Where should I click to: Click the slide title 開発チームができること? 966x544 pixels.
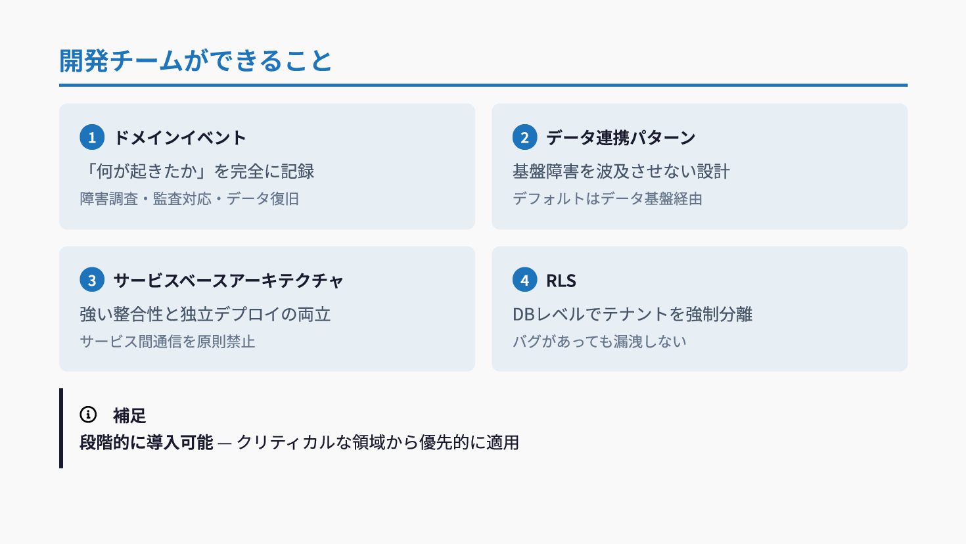(196, 61)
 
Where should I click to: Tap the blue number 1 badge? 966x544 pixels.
(92, 137)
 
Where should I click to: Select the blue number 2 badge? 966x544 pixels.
(524, 137)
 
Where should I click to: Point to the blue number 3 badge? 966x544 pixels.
(92, 280)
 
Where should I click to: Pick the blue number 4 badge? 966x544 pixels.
(524, 280)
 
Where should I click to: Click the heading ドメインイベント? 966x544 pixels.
(180, 137)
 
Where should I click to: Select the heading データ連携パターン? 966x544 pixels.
(620, 137)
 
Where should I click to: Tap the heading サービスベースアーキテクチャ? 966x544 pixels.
(228, 281)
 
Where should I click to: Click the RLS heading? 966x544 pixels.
(561, 281)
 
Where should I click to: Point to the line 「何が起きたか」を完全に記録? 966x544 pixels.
(197, 171)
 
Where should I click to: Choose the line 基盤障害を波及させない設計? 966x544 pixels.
(621, 171)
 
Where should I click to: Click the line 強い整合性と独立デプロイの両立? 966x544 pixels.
(205, 314)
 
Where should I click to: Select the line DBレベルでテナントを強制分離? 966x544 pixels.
(632, 314)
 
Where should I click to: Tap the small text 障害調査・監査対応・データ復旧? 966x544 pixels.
(189, 198)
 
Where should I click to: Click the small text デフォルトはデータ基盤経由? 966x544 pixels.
(607, 198)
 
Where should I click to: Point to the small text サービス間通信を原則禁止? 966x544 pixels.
(167, 341)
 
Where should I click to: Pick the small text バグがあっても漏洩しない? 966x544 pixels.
(599, 341)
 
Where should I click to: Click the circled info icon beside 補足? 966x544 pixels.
(88, 415)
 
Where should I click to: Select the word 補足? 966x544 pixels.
(129, 415)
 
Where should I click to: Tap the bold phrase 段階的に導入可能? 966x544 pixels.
(146, 442)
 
